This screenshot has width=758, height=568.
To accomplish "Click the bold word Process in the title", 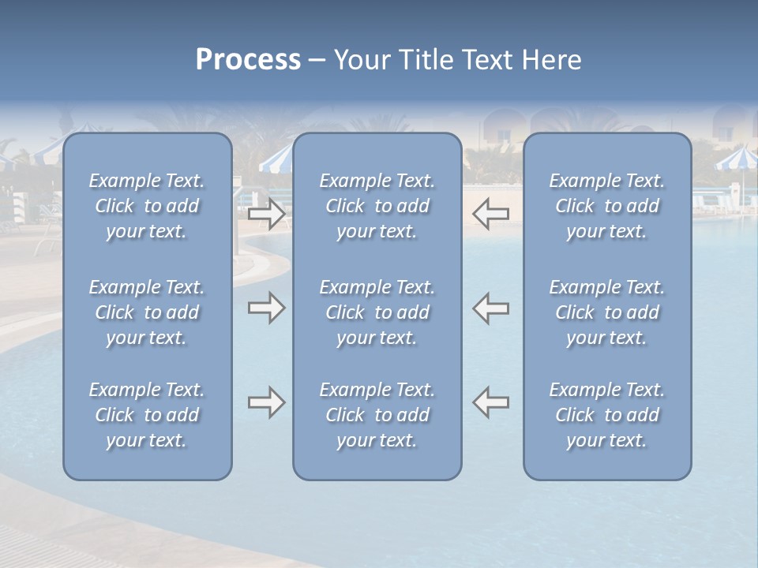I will pyautogui.click(x=248, y=60).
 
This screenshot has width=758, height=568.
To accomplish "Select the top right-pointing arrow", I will pyautogui.click(x=266, y=214).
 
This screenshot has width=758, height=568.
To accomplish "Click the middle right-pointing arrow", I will pyautogui.click(x=266, y=308).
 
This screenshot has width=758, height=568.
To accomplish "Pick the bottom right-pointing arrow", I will pyautogui.click(x=266, y=402).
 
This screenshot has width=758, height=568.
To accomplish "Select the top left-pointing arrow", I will pyautogui.click(x=491, y=214).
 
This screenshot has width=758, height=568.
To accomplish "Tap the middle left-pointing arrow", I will pyautogui.click(x=491, y=308).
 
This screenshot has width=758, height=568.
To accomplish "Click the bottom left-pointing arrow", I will pyautogui.click(x=491, y=402).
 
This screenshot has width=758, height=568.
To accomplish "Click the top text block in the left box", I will pyautogui.click(x=147, y=206).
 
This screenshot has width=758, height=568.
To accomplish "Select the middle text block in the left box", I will pyautogui.click(x=147, y=312).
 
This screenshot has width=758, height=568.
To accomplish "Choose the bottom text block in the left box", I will pyautogui.click(x=147, y=415).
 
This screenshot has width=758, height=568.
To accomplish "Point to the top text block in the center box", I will pyautogui.click(x=377, y=206).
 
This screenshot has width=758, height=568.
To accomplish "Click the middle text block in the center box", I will pyautogui.click(x=377, y=312).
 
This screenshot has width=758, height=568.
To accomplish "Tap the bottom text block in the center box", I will pyautogui.click(x=377, y=415).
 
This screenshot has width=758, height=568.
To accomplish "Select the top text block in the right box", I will pyautogui.click(x=607, y=206).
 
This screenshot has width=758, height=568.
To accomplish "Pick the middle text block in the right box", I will pyautogui.click(x=607, y=312).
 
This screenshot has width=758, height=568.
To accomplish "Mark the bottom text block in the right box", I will pyautogui.click(x=607, y=415).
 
